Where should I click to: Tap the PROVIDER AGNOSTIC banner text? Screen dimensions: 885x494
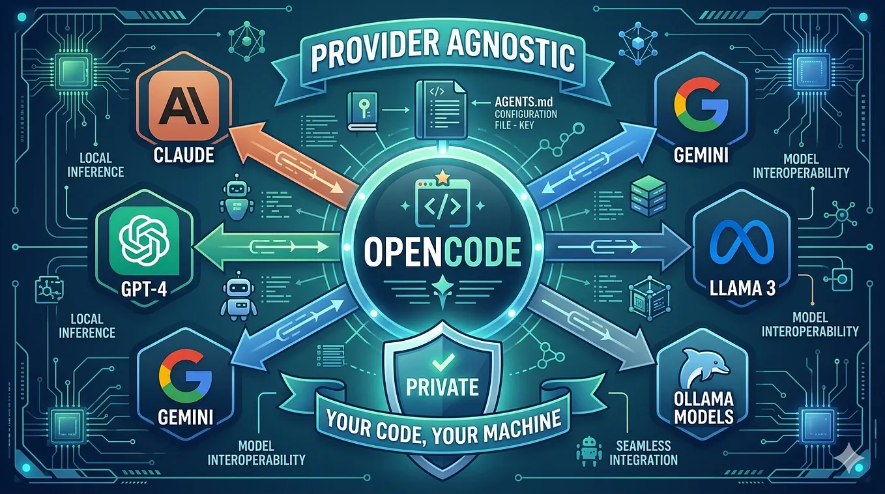pos(442,55)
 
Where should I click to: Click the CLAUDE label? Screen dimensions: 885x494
pos(183,155)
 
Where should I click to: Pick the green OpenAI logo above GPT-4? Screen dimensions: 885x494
pos(145,240)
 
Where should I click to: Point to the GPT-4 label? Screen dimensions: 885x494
pos(144,290)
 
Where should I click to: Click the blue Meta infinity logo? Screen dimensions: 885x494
pos(741,239)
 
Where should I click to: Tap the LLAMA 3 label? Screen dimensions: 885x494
pos(742,288)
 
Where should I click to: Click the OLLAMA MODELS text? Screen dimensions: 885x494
pos(704,408)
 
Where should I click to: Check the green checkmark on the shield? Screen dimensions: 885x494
pos(443,362)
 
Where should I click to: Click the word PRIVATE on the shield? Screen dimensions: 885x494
pos(442,387)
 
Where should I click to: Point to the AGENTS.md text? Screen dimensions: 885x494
pos(524,102)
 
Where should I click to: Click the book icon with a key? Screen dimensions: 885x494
pos(362,111)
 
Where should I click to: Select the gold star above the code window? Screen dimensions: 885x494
pos(442,177)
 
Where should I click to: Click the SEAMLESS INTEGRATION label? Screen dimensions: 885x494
pos(643,453)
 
